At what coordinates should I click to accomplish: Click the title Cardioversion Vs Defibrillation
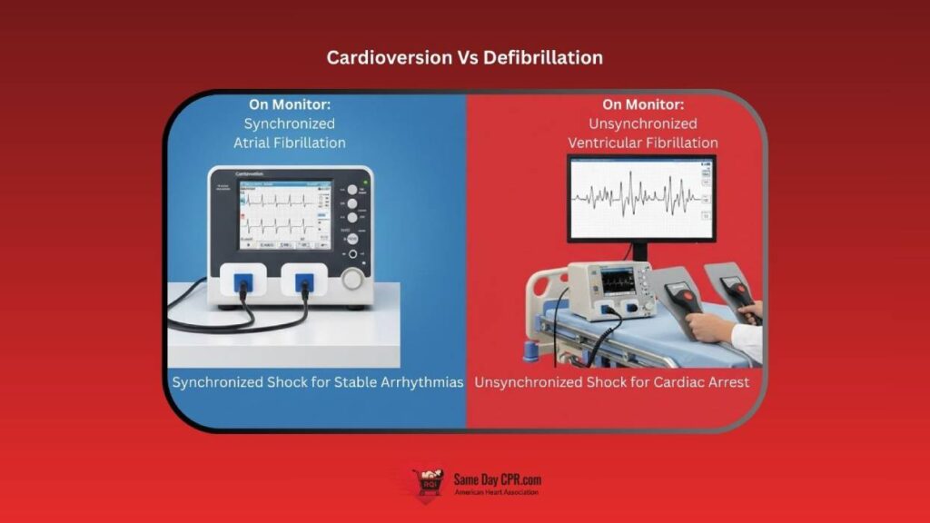465,57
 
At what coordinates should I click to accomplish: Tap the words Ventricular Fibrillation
643,143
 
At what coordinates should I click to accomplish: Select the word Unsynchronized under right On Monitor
643,123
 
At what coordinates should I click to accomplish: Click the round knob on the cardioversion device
352,279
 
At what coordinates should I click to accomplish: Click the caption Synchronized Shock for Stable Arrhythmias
318,382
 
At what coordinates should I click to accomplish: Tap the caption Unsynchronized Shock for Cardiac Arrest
612,382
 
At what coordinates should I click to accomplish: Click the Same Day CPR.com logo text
498,479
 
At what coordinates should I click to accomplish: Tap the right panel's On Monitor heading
643,104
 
